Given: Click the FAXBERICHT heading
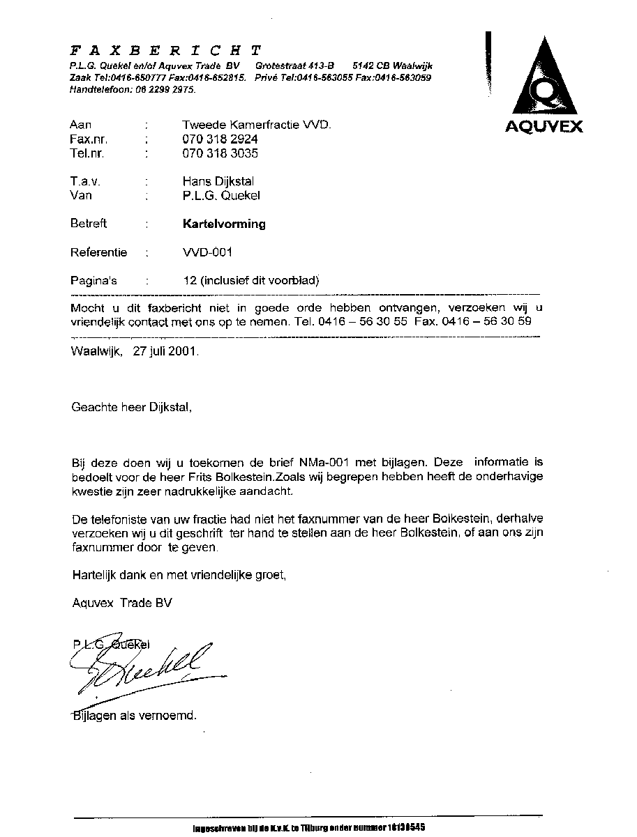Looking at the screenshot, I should pyautogui.click(x=166, y=50).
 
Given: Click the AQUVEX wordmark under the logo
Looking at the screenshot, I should pyautogui.click(x=544, y=127).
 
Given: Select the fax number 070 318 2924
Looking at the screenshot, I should pyautogui.click(x=220, y=139).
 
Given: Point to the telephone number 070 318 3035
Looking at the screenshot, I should pyautogui.click(x=220, y=153).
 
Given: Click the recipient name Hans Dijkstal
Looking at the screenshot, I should pyautogui.click(x=218, y=181).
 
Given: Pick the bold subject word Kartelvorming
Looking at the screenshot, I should pyautogui.click(x=224, y=224).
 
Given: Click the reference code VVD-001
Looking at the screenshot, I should pyautogui.click(x=207, y=252).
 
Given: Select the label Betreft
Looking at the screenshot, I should pyautogui.click(x=89, y=224).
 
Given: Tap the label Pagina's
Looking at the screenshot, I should pyautogui.click(x=93, y=281).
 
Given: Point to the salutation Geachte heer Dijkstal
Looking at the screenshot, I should pyautogui.click(x=131, y=407).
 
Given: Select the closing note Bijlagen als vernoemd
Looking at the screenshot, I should pyautogui.click(x=134, y=716).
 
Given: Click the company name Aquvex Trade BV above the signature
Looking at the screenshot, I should pyautogui.click(x=121, y=603).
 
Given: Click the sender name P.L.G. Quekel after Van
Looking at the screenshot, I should pyautogui.click(x=220, y=196).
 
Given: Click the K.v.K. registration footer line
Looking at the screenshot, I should pyautogui.click(x=308, y=827).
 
